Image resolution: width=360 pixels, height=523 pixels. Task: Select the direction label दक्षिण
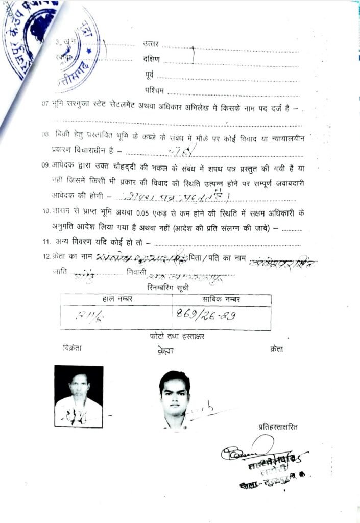pos(152,59)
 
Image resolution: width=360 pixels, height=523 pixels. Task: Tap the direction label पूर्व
pos(149,76)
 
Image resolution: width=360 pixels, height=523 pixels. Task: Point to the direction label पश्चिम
pos(155,91)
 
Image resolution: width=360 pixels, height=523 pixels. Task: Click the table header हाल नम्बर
pos(117,299)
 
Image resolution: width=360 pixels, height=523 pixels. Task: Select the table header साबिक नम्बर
pos(221,299)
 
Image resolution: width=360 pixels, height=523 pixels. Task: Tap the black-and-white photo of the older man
pos(79,396)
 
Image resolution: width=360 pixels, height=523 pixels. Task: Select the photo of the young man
pos(174,399)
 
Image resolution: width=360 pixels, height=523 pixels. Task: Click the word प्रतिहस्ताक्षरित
pos(277,427)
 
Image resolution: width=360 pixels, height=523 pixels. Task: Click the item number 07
pos(45,103)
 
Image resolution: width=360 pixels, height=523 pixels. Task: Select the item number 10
pos(46,211)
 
